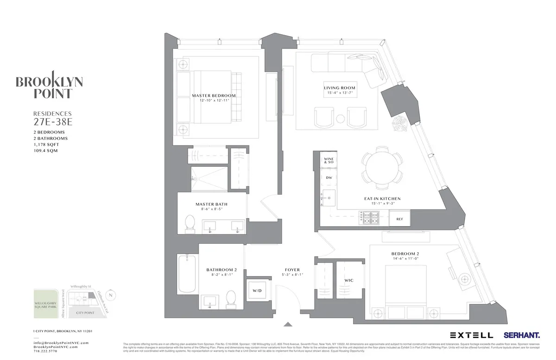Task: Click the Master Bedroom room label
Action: (214, 95)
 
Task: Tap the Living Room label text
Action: (340, 88)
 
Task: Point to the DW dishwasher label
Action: (329, 177)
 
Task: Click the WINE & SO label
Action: (329, 160)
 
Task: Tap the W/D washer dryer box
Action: (257, 291)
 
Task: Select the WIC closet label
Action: (349, 281)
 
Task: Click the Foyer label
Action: (292, 270)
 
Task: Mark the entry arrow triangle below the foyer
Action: (288, 325)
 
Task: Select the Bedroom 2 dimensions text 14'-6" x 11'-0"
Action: (405, 259)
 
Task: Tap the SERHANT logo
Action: (522, 335)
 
